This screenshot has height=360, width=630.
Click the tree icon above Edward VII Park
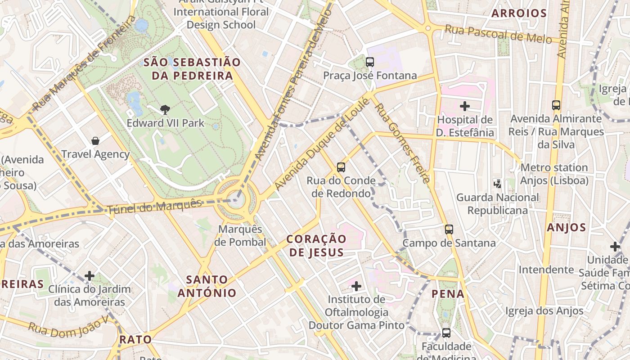pos(165,109)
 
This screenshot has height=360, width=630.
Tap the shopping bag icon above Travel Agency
pos(95,141)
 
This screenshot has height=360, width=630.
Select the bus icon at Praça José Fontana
pos(370,62)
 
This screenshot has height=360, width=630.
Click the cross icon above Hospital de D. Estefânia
pos(465,106)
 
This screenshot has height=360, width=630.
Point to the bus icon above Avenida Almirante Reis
pos(556,105)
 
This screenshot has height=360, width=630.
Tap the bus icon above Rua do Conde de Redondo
pos(341,167)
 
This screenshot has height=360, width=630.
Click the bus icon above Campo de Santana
pos(449,229)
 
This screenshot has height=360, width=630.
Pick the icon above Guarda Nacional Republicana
pos(497,184)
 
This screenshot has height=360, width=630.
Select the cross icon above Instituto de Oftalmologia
pos(356,286)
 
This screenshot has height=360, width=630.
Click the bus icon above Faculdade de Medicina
pos(446,333)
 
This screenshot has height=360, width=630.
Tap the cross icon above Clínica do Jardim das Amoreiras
pos(90,275)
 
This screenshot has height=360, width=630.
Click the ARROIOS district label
pos(519,13)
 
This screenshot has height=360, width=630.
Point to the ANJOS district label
pos(566,228)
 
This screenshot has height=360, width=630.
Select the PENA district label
pos(448,294)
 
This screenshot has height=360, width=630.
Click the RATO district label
pos(135,339)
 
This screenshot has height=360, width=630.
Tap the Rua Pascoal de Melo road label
pos(498,35)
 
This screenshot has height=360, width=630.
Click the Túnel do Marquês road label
pos(154,207)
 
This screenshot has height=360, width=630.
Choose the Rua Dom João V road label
pos(69,326)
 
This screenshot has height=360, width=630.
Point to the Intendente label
pos(546,270)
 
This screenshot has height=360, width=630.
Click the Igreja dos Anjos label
pos(544,310)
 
